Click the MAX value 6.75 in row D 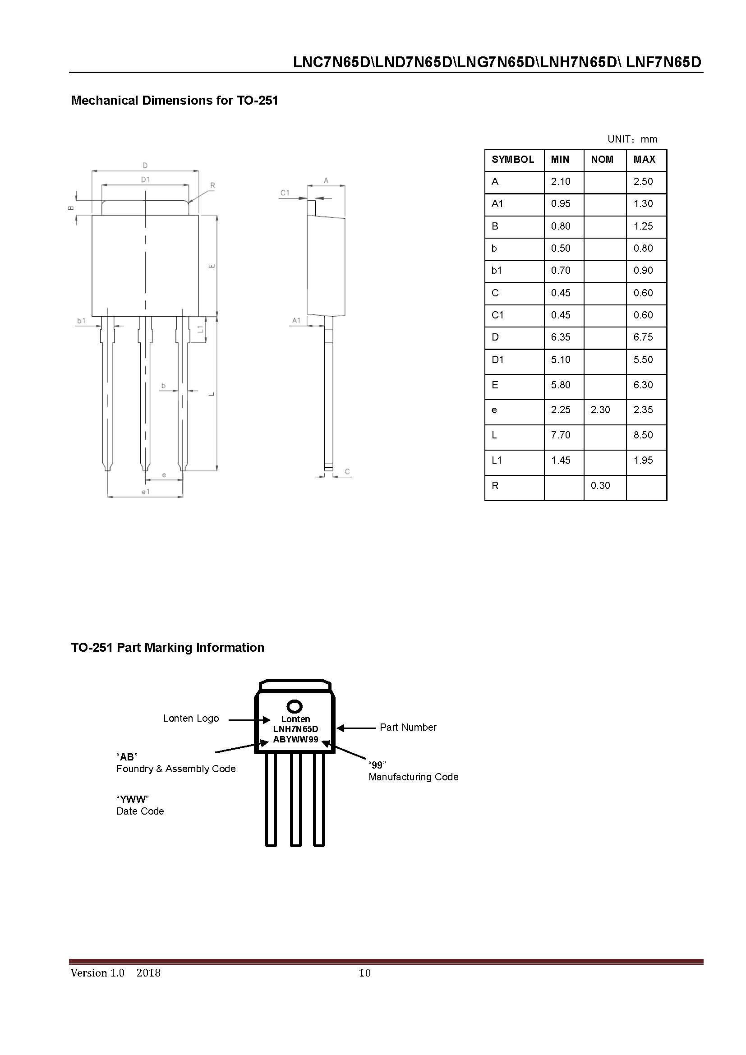click(x=643, y=337)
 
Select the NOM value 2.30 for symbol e click(x=600, y=410)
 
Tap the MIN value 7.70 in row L click(x=561, y=435)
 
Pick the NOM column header click(x=602, y=159)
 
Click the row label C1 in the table click(x=497, y=315)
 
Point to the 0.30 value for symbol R click(x=600, y=486)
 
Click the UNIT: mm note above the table click(x=632, y=139)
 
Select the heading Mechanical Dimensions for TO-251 click(x=174, y=101)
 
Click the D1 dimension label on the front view click(x=145, y=180)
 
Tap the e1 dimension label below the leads click(x=145, y=492)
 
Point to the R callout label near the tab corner click(x=213, y=186)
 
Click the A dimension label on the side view click(x=326, y=180)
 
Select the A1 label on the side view click(x=296, y=320)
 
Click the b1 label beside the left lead click(x=81, y=321)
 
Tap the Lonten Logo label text click(x=191, y=718)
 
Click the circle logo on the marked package click(x=295, y=706)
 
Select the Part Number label click(x=408, y=727)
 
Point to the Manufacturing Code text click(x=414, y=777)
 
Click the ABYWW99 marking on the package click(x=295, y=739)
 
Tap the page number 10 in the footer click(x=364, y=973)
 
